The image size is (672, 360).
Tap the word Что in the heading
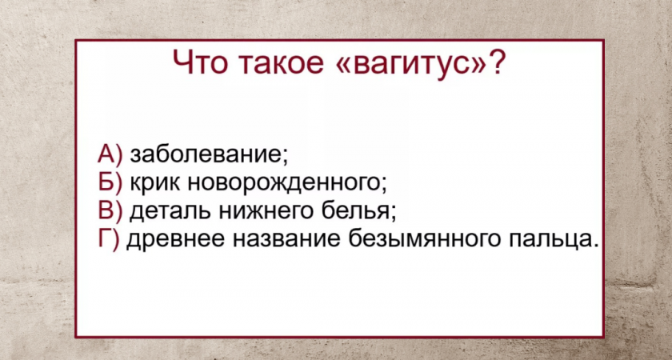click(198, 63)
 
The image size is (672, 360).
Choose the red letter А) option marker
click(110, 154)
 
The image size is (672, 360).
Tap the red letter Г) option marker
click(109, 239)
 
